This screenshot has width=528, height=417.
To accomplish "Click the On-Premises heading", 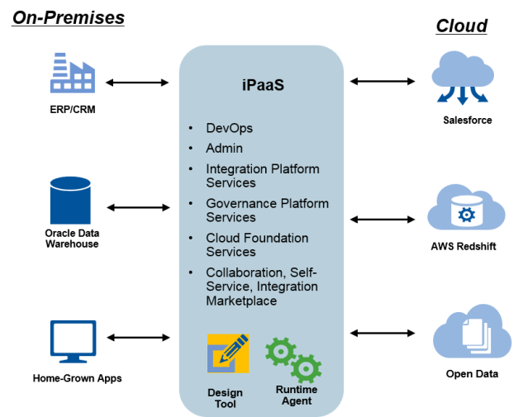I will pos(68,16).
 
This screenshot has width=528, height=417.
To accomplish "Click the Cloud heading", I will pos(461,26).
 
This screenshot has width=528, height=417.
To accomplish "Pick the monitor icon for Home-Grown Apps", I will pos(73,340).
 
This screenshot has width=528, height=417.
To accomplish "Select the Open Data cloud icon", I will pos(466,337).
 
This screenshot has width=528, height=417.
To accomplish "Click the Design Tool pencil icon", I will pos(227,353).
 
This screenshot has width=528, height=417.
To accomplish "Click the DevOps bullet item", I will pos(229,128).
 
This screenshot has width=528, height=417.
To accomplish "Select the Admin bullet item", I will pos(224,148).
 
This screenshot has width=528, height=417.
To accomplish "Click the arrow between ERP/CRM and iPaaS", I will pos(138,83).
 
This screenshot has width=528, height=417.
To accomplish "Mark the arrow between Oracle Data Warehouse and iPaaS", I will pos(138,207).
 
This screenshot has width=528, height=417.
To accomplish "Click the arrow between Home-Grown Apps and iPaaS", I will pos(138,337).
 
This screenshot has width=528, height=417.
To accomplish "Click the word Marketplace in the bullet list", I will pos(241,301).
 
